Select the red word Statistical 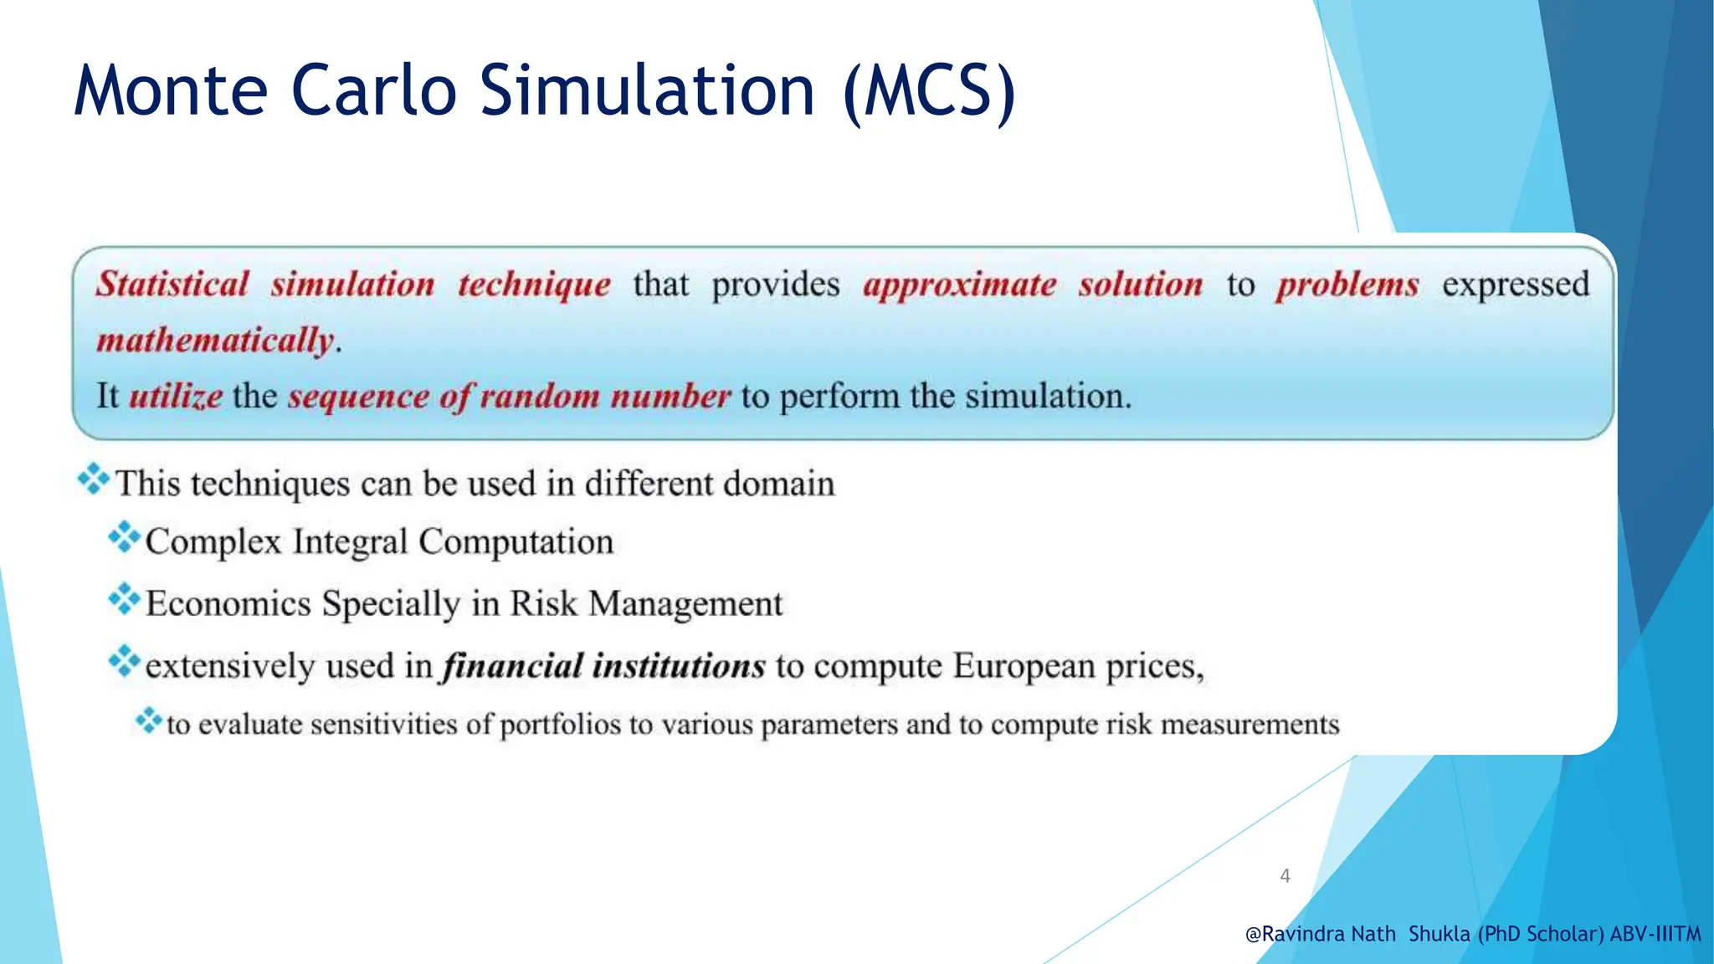pyautogui.click(x=172, y=285)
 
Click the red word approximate pyautogui.click(x=959, y=285)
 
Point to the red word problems pyautogui.click(x=1347, y=285)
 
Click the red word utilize pyautogui.click(x=176, y=396)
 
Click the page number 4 pyautogui.click(x=1285, y=876)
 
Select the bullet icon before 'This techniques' pyautogui.click(x=93, y=479)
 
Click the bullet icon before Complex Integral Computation pyautogui.click(x=124, y=537)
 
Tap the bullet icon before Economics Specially pyautogui.click(x=124, y=599)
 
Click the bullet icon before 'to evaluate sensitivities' pyautogui.click(x=148, y=720)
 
